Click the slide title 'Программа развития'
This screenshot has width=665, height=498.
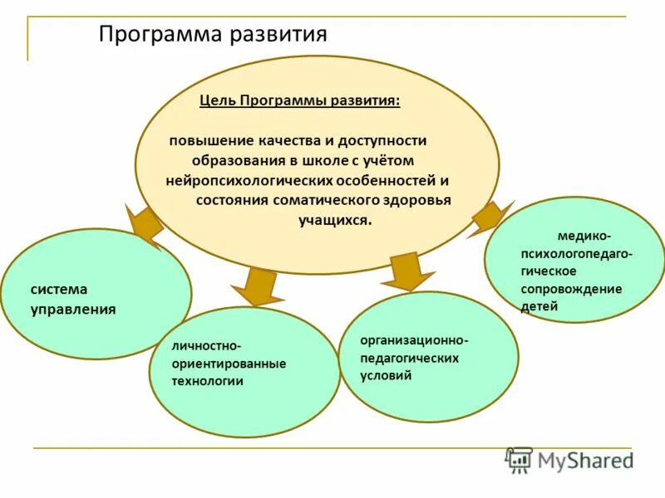click(x=213, y=34)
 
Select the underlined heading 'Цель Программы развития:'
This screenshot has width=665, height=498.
click(x=299, y=100)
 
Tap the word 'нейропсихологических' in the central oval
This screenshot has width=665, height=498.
click(x=235, y=180)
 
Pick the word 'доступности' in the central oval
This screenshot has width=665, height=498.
click(x=384, y=141)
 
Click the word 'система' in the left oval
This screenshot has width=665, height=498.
click(x=59, y=290)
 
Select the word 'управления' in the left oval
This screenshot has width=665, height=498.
click(x=73, y=310)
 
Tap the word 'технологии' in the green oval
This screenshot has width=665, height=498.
click(x=207, y=381)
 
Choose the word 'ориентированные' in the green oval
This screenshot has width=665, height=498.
click(x=229, y=364)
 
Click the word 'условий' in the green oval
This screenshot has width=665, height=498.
click(x=387, y=375)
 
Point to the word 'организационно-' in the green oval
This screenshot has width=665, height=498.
click(x=415, y=340)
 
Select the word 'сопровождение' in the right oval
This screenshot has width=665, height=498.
click(x=571, y=289)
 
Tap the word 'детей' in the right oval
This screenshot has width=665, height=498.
click(x=539, y=306)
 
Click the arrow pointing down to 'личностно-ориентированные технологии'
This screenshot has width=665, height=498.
click(x=258, y=286)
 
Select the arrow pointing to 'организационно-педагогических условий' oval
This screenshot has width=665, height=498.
click(x=408, y=270)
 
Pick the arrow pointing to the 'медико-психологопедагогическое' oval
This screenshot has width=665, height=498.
click(x=490, y=217)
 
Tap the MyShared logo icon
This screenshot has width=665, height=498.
click(x=519, y=459)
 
